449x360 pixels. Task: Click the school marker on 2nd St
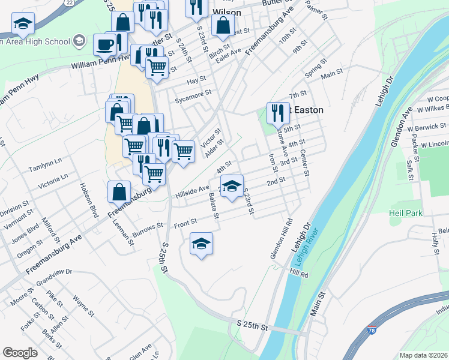(x=232, y=185)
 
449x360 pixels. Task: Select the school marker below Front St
(x=201, y=242)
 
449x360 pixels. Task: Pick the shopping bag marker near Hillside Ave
(x=119, y=192)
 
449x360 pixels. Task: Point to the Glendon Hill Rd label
(x=281, y=239)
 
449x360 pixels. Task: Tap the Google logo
(x=20, y=353)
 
